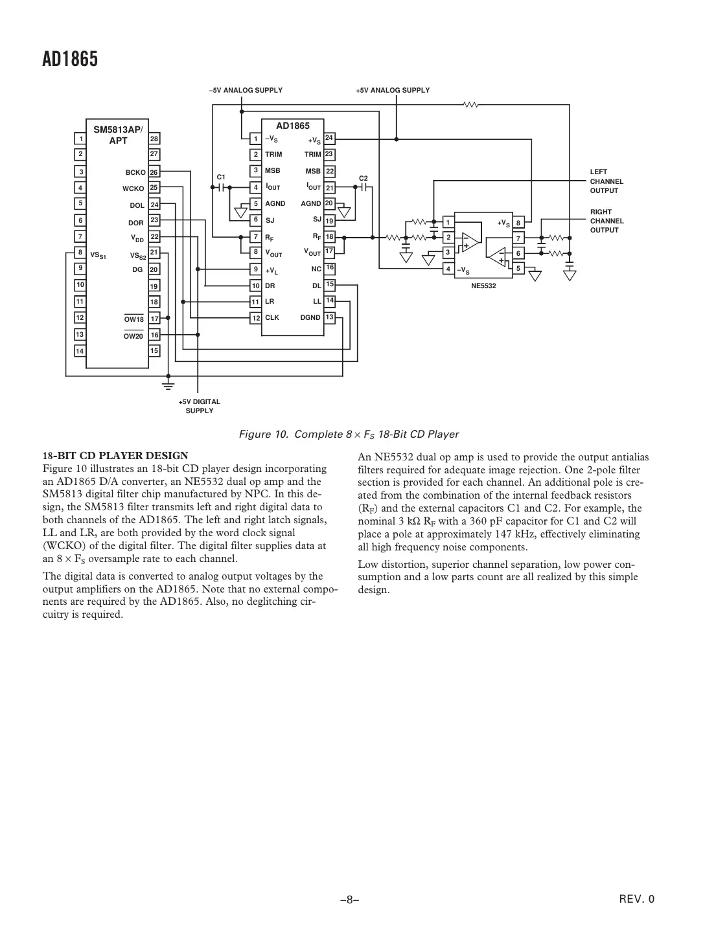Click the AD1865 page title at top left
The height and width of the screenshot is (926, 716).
[70, 60]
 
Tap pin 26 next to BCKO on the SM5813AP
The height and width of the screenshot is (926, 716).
[154, 172]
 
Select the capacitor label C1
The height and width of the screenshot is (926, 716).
[221, 177]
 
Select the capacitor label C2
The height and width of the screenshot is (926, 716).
[364, 178]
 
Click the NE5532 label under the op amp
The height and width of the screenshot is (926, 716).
[483, 286]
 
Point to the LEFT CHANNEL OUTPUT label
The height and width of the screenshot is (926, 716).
[606, 181]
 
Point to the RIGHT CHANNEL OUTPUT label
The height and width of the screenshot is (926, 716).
[606, 221]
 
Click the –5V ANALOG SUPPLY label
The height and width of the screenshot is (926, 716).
[246, 91]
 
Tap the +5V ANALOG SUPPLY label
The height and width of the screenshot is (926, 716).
[393, 91]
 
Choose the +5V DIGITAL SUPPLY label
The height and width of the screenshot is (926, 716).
[200, 406]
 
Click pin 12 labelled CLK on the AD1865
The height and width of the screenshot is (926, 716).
[256, 318]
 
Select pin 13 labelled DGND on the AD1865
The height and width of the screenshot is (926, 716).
[329, 317]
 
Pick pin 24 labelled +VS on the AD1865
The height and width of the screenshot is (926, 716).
[329, 138]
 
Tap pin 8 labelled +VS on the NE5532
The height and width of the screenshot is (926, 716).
[518, 223]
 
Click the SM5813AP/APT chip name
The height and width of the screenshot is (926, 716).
[119, 135]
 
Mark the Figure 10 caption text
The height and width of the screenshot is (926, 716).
[349, 434]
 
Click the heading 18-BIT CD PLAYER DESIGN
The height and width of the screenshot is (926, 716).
[115, 456]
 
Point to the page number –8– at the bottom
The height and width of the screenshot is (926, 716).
[350, 899]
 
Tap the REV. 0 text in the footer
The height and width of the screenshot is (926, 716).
[638, 899]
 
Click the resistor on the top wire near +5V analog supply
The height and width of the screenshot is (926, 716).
[470, 104]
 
